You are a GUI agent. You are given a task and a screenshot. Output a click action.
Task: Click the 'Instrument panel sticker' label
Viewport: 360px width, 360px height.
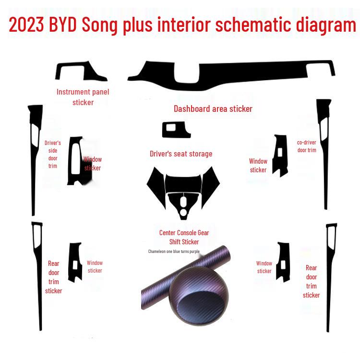coord(83,96)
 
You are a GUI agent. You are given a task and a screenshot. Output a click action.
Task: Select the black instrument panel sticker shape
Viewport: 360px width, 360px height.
coord(79,72)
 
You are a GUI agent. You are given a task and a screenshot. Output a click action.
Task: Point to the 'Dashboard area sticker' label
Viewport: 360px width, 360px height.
coord(213,109)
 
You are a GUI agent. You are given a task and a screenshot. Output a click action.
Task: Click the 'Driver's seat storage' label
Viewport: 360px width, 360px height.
coord(181,154)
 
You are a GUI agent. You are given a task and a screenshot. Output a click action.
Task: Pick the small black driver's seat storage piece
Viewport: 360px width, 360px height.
coord(176,130)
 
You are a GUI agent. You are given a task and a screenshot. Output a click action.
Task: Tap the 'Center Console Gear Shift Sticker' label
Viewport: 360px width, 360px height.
coord(184,237)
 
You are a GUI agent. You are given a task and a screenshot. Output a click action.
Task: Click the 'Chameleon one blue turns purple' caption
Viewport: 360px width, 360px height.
coord(174,251)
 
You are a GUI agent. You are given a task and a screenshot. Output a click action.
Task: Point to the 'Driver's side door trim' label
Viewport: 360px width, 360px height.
coord(53,154)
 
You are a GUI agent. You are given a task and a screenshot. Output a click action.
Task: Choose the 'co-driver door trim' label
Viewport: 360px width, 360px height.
coord(307,146)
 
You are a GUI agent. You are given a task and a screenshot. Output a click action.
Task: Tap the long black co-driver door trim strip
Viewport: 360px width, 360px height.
coord(324,154)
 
